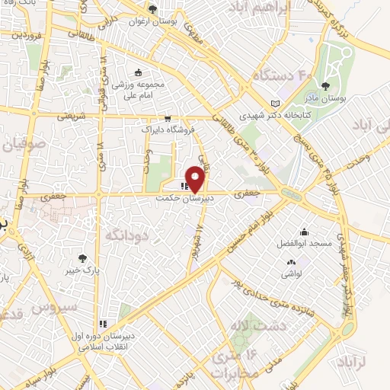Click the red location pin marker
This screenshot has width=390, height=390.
pyautogui.click(x=196, y=177)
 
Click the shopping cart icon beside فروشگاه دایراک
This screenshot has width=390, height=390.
pyautogui.click(x=168, y=119)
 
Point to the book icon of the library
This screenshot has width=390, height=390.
pyautogui.click(x=275, y=104)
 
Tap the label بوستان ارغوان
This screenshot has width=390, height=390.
pyautogui.click(x=161, y=21)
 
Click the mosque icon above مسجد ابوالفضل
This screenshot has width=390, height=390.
pyautogui.click(x=304, y=232)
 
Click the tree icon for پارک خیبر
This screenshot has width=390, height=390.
pyautogui.click(x=92, y=259)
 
